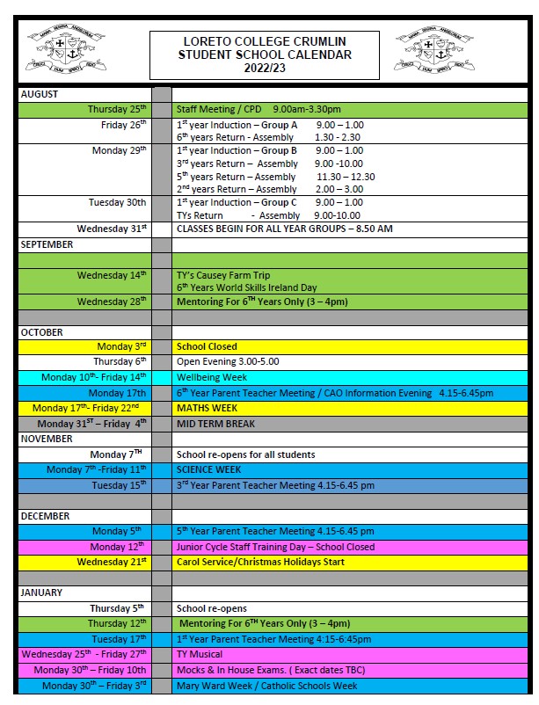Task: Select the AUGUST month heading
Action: coord(40,94)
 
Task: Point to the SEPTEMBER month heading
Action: coord(47,245)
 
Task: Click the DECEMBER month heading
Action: coord(45,516)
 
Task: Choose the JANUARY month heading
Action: coord(41,593)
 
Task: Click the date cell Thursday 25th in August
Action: coord(117,110)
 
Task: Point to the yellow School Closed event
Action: coord(207,347)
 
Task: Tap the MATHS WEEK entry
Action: coord(203,409)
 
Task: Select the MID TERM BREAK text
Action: coord(215,424)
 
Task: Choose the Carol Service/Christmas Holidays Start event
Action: coord(260,563)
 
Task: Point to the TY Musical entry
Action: coord(200,655)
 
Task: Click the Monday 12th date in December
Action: coord(122,547)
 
